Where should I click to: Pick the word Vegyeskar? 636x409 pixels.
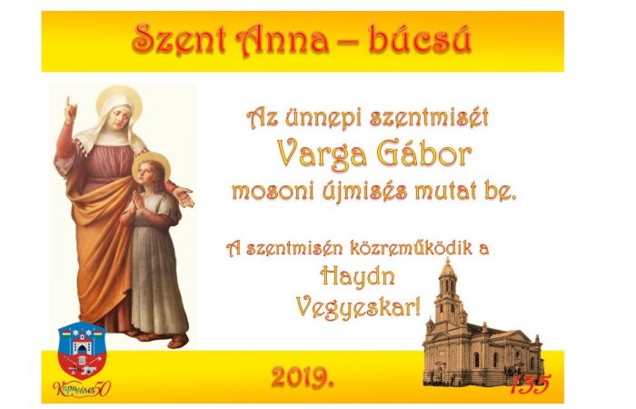(359, 306)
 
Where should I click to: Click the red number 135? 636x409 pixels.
(529, 384)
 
